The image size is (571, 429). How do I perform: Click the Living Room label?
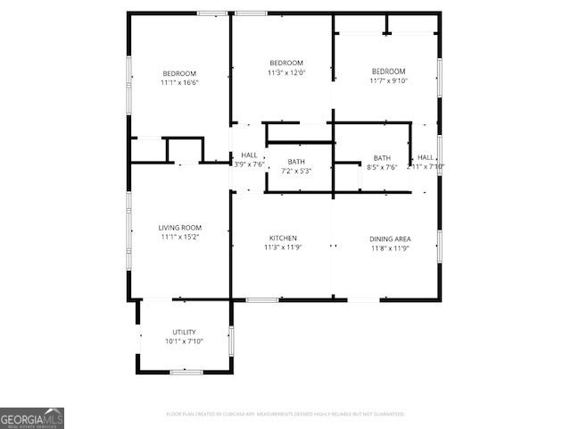click(179, 228)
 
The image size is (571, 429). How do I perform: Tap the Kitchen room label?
click(283, 238)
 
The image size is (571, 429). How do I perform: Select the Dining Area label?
click(390, 239)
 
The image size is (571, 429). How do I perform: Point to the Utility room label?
click(184, 332)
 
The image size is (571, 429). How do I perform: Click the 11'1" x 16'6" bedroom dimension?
click(179, 83)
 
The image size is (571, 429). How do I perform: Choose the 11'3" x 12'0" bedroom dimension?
click(286, 72)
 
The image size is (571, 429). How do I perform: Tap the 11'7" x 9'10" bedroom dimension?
click(388, 81)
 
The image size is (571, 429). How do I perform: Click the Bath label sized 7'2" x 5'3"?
click(295, 162)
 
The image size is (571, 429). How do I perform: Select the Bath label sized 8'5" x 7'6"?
click(382, 157)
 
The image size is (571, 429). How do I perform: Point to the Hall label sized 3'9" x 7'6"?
click(249, 156)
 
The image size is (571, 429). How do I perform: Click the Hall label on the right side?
click(426, 157)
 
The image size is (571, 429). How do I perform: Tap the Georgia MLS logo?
click(32, 418)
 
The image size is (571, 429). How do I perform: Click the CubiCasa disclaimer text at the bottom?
click(285, 414)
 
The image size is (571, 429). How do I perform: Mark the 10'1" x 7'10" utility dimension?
click(184, 341)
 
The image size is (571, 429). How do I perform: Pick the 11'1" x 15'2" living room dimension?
click(179, 238)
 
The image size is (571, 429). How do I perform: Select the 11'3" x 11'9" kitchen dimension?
click(283, 248)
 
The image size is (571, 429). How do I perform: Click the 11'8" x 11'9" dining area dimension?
click(390, 248)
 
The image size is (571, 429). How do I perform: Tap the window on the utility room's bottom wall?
click(186, 372)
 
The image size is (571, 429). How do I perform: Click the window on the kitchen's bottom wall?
click(262, 300)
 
